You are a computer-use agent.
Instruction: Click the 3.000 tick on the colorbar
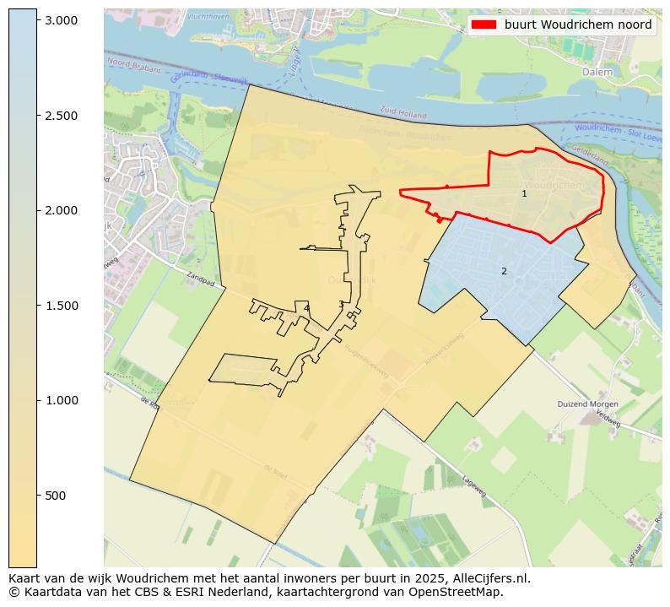point(61,19)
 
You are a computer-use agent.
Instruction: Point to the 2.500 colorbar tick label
point(61,115)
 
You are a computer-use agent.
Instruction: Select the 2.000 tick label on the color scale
point(61,210)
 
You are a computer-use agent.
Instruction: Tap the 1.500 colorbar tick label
point(61,306)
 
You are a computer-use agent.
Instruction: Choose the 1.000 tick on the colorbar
point(61,400)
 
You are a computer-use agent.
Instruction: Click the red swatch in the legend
point(484,25)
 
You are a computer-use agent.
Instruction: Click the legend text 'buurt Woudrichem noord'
point(578,25)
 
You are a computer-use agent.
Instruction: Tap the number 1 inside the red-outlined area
point(524,194)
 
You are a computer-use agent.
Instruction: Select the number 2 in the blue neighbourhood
point(504,272)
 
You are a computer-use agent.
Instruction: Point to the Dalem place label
point(597,73)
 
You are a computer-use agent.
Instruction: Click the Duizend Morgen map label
point(588,404)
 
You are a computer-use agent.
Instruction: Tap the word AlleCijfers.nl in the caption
point(488,578)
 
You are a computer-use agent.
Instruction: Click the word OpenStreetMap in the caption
point(460,592)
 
